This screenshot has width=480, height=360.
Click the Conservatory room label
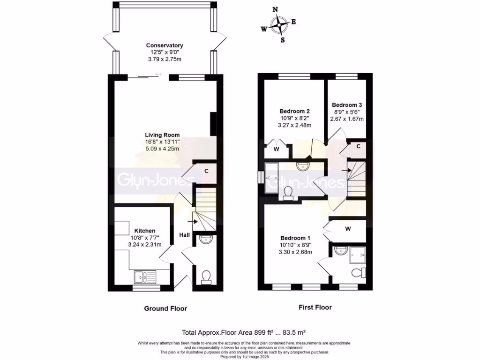[x=164, y=45]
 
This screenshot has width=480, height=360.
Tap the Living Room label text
[x=162, y=135]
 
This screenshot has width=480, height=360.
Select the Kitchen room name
[x=145, y=231]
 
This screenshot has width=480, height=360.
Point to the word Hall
[x=184, y=235]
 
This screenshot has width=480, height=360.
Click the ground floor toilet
[x=205, y=277]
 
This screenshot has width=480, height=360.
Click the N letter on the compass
[x=275, y=9]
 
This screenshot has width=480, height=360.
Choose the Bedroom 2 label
[x=295, y=111]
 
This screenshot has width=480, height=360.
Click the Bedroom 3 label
[x=347, y=105]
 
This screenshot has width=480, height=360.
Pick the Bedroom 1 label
[x=296, y=238]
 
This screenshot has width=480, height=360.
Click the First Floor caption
[x=315, y=307]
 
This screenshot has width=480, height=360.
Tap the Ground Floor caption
[x=165, y=308]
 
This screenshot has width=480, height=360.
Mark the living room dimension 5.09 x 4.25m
[x=162, y=149]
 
